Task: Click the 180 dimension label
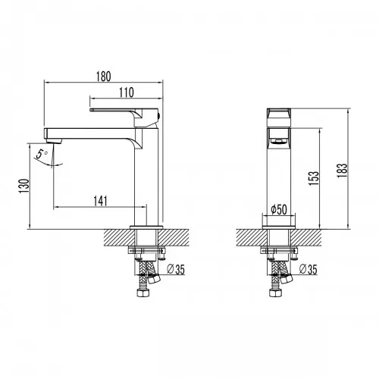(105, 76)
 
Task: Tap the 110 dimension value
(127, 92)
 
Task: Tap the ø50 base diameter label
(278, 209)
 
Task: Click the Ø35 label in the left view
(174, 271)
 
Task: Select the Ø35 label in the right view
(307, 271)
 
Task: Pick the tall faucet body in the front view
(278, 182)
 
